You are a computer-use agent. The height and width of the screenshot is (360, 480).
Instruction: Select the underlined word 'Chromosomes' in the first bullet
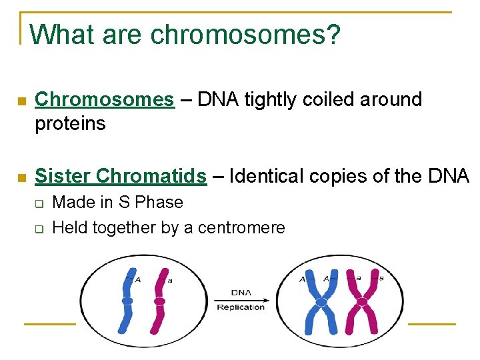pyautogui.click(x=104, y=100)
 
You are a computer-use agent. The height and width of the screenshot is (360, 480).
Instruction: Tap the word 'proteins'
pyautogui.click(x=70, y=124)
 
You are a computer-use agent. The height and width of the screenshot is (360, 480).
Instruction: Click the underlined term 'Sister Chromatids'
pyautogui.click(x=121, y=176)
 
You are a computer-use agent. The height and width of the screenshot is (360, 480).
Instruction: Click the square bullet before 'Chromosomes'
pyautogui.click(x=21, y=101)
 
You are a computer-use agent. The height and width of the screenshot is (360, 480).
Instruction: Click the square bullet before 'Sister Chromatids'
pyautogui.click(x=21, y=177)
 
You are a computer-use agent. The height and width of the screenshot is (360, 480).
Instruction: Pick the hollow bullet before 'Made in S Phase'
pyautogui.click(x=39, y=203)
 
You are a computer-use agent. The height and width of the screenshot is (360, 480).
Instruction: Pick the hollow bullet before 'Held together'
pyautogui.click(x=39, y=229)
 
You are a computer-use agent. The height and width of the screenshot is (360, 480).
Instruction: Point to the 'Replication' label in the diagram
pyautogui.click(x=241, y=307)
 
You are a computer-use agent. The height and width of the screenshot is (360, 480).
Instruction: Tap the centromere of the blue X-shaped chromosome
pyautogui.click(x=321, y=302)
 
